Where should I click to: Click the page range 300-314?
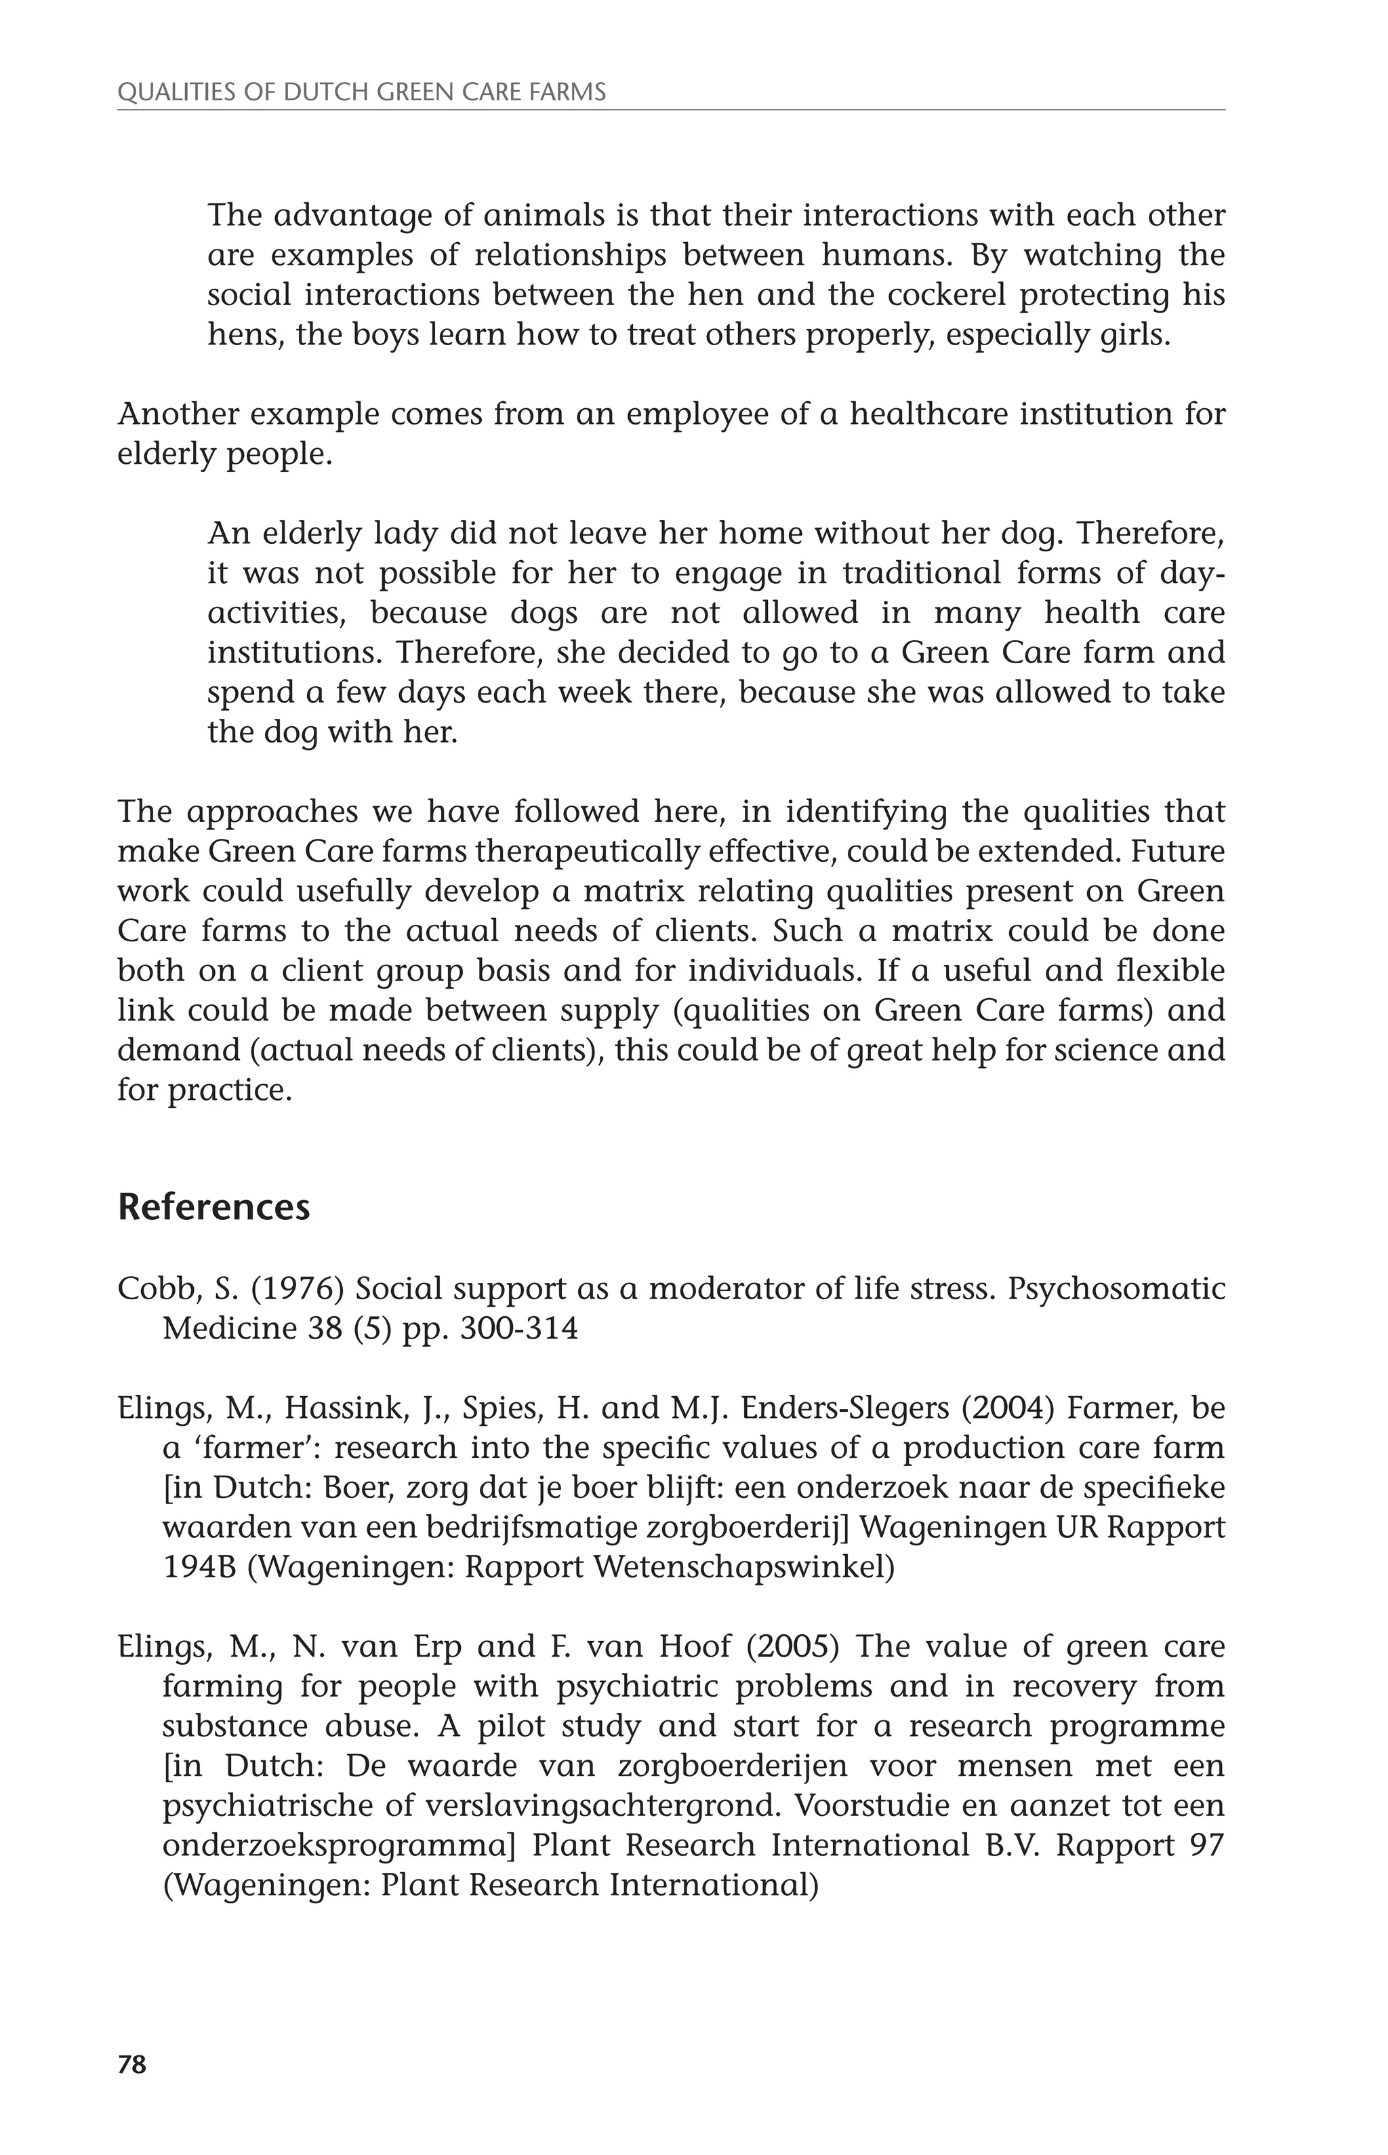pyautogui.click(x=518, y=1329)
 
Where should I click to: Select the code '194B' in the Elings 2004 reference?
pyautogui.click(x=199, y=1567)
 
